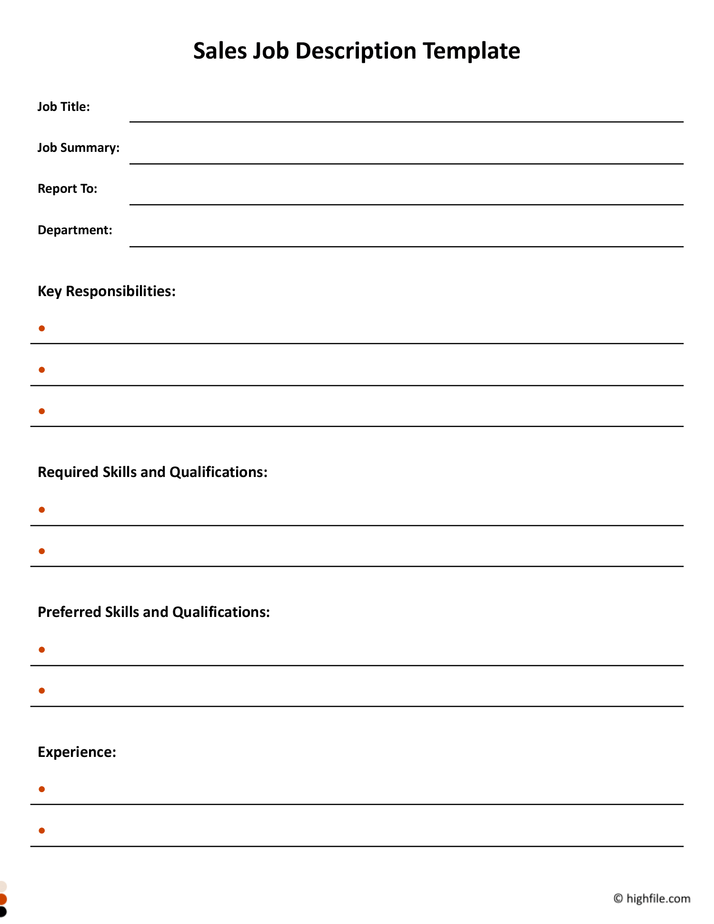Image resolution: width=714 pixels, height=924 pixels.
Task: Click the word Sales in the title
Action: tap(219, 51)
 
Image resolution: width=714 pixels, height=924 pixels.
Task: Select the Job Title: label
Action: tap(64, 107)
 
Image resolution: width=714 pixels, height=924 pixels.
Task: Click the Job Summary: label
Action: tap(79, 148)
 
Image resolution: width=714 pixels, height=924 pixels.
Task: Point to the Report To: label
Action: tap(67, 189)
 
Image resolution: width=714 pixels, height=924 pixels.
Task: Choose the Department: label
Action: tap(75, 230)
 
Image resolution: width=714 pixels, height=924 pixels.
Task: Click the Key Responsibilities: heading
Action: tap(107, 291)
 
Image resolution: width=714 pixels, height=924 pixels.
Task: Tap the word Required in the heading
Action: tap(69, 472)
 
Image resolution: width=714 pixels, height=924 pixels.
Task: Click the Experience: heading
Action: tap(77, 752)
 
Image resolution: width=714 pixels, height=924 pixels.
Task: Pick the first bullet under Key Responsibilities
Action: tap(42, 328)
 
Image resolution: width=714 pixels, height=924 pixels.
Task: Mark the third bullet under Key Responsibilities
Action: tap(42, 411)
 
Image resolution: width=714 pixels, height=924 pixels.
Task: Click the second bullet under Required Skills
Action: tap(42, 551)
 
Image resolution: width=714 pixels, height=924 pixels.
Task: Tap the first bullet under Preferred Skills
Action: tap(42, 650)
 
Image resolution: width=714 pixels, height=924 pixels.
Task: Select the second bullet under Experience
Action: tap(42, 831)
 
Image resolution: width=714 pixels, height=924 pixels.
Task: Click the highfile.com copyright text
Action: tap(658, 898)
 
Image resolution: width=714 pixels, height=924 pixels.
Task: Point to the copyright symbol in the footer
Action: tap(618, 898)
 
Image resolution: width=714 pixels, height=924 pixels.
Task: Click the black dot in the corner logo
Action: tap(2, 912)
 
